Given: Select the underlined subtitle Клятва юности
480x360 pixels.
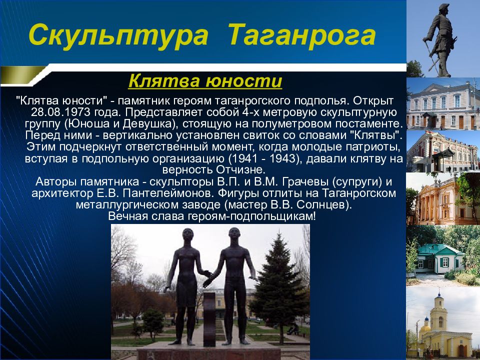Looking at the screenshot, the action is [205, 81].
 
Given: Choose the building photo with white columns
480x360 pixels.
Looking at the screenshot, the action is [442, 199].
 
